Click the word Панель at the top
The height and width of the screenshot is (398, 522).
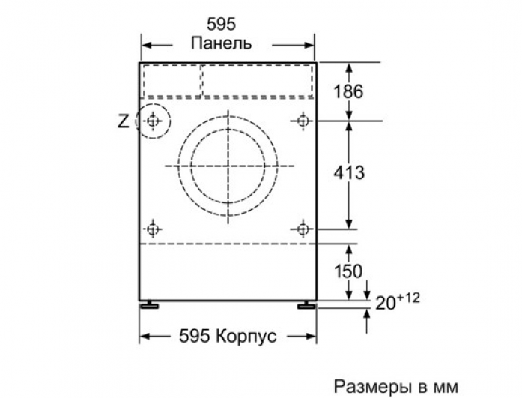tap(221, 43)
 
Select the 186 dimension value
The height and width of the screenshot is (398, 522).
tap(348, 91)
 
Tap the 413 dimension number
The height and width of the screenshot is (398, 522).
tap(349, 172)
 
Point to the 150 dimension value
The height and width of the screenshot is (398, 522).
tap(348, 271)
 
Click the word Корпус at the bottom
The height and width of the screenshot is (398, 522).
tap(246, 337)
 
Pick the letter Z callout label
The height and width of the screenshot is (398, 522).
tap(124, 121)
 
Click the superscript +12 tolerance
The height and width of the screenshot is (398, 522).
tap(408, 298)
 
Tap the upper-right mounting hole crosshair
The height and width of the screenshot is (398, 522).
tap(303, 121)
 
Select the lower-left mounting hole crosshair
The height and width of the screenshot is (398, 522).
tap(153, 229)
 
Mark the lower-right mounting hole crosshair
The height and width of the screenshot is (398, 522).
tap(303, 229)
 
